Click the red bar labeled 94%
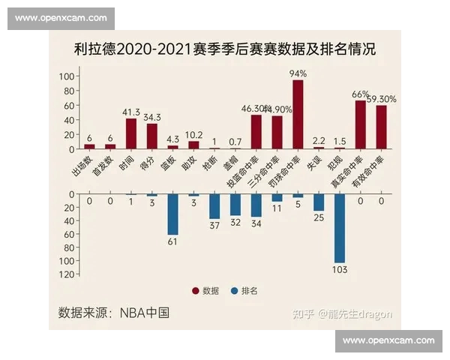click(298, 114)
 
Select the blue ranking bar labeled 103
click(340, 228)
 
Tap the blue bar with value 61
click(172, 214)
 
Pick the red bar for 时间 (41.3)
click(131, 133)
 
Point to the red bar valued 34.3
click(152, 136)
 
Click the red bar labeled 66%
click(360, 124)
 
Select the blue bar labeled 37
click(214, 206)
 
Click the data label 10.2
click(193, 136)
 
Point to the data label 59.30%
click(382, 99)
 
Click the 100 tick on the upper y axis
click(64, 76)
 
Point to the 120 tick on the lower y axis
click(64, 274)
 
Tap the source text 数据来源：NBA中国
click(113, 313)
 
